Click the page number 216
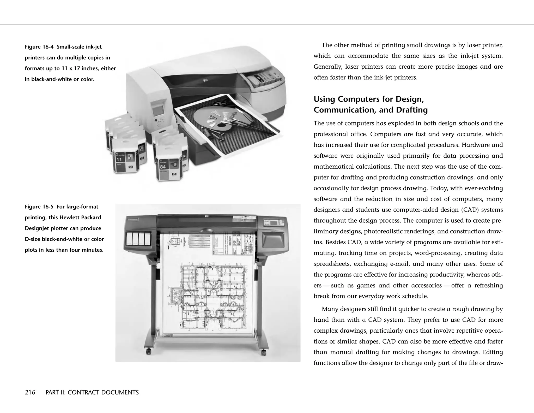pyautogui.click(x=30, y=392)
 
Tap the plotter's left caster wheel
pyautogui.click(x=148, y=351)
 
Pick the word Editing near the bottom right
pyautogui.click(x=493, y=352)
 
